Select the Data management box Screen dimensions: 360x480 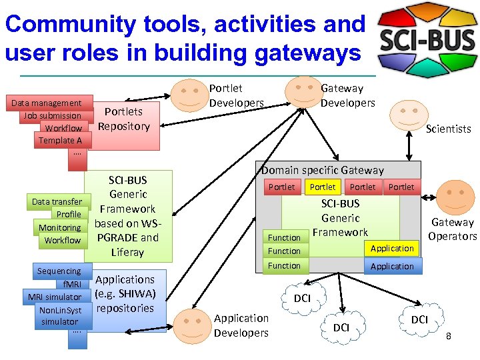point(46,103)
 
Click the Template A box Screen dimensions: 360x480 point(60,140)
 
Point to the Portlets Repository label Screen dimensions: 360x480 point(124,119)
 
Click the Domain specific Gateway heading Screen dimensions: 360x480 point(322,170)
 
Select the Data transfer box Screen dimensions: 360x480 point(57,201)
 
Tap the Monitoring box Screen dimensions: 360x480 point(59,227)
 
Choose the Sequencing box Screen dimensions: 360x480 point(59,271)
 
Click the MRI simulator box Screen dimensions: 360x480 point(55,297)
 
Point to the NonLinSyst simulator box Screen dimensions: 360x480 point(60,315)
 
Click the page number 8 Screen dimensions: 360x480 point(449,336)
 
